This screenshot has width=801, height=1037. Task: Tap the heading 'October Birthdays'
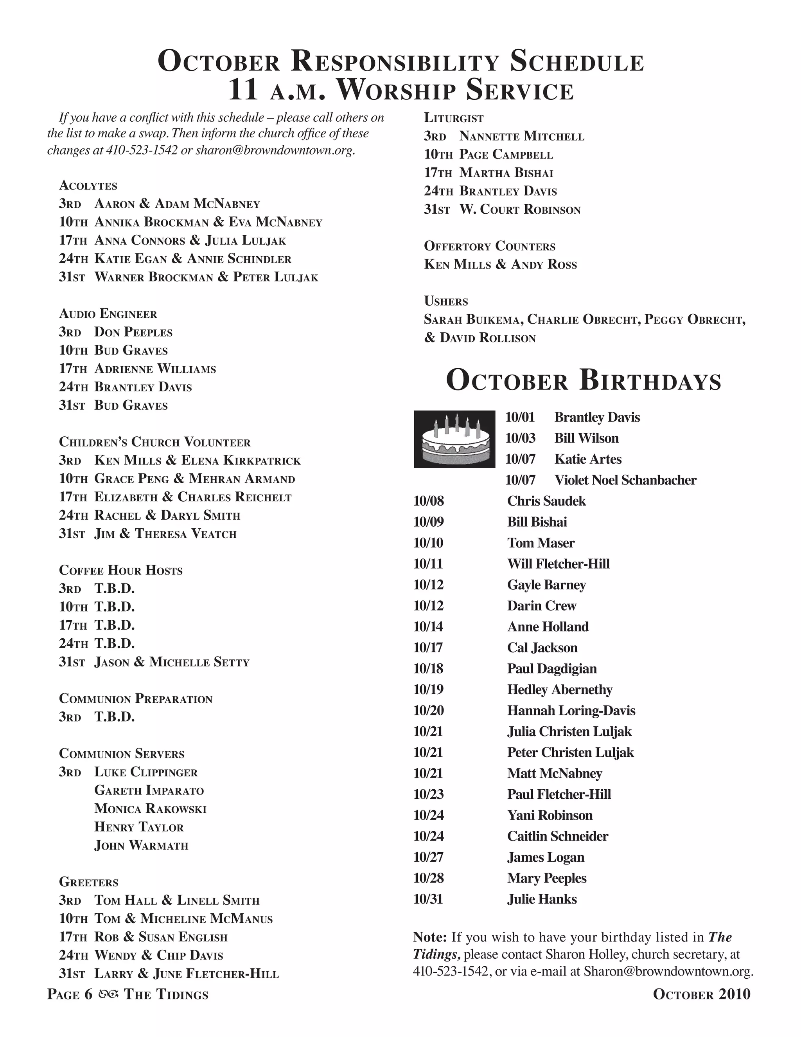pos(583,381)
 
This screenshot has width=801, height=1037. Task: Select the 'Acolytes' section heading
pos(88,185)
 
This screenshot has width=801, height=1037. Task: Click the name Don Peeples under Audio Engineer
pos(133,332)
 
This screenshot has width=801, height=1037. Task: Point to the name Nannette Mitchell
pos(521,137)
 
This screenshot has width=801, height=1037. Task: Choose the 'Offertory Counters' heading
pos(489,246)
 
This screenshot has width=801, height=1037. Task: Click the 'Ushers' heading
pos(445,301)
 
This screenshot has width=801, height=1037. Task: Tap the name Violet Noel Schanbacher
pos(625,480)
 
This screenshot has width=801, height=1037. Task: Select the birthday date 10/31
pos(428,899)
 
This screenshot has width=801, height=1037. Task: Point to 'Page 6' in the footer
pos(69,994)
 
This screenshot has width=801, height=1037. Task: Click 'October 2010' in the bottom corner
pos(701,994)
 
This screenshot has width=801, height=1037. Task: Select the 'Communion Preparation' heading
pos(136,699)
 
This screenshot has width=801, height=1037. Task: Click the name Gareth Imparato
pos(149,790)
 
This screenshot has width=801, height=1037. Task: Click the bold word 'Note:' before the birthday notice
pos(430,937)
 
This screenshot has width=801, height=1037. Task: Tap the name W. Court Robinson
pos(520,210)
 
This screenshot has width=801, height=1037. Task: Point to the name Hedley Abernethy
pos(559,690)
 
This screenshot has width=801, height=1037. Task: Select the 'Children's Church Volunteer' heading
pos(155,442)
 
